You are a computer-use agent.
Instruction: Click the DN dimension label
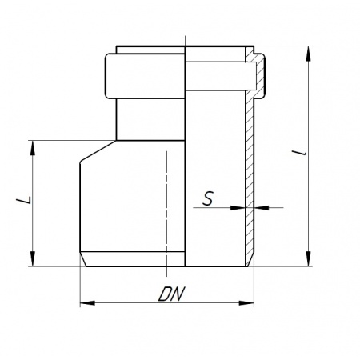[171, 294]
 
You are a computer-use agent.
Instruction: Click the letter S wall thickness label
[208, 198]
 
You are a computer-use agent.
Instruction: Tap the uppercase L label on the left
[24, 200]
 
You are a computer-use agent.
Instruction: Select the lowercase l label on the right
[299, 153]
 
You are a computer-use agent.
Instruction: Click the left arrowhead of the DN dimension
[87, 303]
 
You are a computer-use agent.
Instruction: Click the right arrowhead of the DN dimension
[246, 303]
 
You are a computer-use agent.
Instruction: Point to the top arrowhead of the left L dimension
[33, 148]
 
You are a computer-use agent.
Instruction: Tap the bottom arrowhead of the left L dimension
[33, 258]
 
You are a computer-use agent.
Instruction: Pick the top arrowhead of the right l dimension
[309, 54]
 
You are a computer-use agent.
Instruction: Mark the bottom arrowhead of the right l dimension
[309, 258]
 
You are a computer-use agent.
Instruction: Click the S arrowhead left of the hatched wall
[238, 207]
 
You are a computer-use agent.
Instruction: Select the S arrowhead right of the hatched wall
[262, 207]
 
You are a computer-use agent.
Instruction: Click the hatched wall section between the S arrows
[250, 207]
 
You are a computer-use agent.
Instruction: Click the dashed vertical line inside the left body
[166, 214]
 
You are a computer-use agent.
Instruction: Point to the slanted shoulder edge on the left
[98, 150]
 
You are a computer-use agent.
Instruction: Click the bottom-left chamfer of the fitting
[83, 259]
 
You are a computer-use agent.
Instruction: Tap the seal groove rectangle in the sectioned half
[221, 76]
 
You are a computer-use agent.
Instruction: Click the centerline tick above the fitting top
[185, 41]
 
